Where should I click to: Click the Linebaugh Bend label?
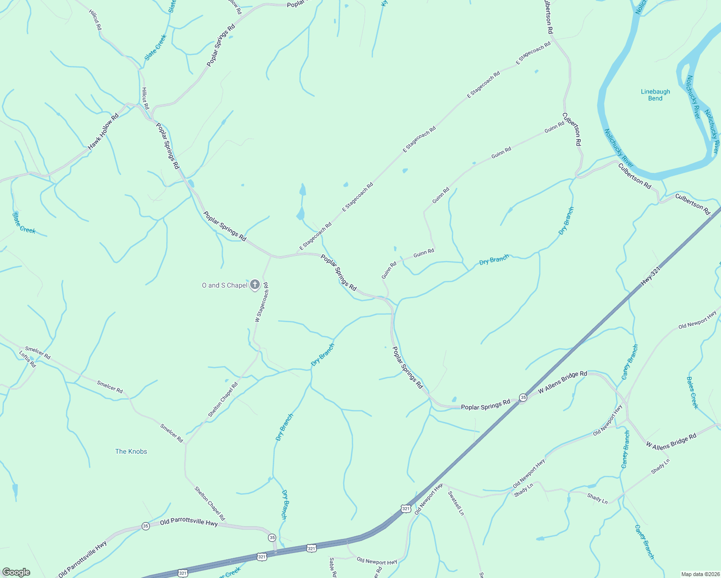pyautogui.click(x=655, y=95)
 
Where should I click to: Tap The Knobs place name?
pyautogui.click(x=131, y=451)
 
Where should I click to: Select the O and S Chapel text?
pyautogui.click(x=225, y=285)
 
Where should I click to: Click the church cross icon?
pyautogui.click(x=255, y=285)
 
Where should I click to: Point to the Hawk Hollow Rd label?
pyautogui.click(x=103, y=131)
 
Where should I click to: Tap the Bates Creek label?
pyautogui.click(x=692, y=393)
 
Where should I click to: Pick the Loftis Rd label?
pyautogui.click(x=27, y=359)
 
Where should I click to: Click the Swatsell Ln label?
pyautogui.click(x=456, y=503)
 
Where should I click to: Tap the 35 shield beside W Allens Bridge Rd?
pyautogui.click(x=523, y=397)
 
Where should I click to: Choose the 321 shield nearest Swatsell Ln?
pyautogui.click(x=406, y=509)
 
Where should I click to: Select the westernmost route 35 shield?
pyautogui.click(x=146, y=526)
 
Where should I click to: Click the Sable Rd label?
pyautogui.click(x=332, y=567)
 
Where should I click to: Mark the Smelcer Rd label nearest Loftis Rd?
pyautogui.click(x=38, y=353)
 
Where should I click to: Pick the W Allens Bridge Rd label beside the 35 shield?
pyautogui.click(x=562, y=381)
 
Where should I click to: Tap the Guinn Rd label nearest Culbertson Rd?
pyautogui.click(x=554, y=127)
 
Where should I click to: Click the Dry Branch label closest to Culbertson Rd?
pyautogui.click(x=566, y=221)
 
